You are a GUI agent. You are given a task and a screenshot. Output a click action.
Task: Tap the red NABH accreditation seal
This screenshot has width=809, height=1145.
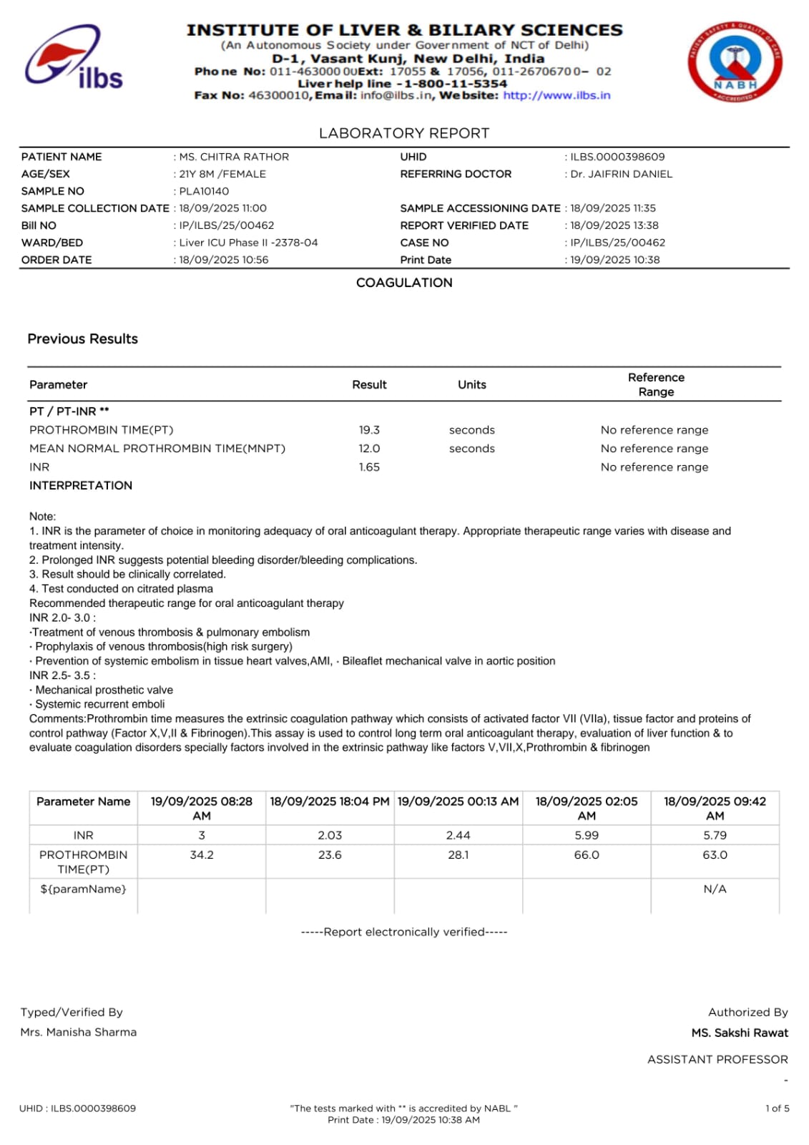(735, 62)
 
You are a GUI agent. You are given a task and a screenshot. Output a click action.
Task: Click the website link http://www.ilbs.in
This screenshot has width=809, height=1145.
(557, 95)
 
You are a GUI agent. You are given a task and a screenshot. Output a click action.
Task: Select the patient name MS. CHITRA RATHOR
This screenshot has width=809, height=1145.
(234, 157)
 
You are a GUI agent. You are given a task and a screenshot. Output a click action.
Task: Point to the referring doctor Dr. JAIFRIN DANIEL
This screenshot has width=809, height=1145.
(621, 174)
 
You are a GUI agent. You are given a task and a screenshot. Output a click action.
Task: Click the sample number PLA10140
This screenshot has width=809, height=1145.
(204, 191)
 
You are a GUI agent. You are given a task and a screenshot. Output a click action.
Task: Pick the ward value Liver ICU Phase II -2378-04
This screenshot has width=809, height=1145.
(248, 243)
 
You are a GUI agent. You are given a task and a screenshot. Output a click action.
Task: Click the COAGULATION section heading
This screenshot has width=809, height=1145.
(404, 283)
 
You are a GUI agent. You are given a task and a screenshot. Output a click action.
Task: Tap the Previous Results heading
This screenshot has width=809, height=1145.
(83, 339)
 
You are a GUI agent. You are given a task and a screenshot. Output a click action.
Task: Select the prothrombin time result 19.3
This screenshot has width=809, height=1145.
(369, 430)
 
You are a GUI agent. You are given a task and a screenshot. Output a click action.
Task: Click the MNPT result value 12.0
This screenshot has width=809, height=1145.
(369, 449)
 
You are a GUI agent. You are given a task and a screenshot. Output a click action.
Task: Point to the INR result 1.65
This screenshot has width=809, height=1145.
(369, 467)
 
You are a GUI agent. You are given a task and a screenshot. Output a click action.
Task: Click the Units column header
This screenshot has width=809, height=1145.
(471, 385)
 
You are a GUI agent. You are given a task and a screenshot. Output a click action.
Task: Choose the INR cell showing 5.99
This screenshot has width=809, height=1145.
(587, 835)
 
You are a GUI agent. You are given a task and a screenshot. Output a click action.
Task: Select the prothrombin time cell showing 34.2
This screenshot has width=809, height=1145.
(202, 855)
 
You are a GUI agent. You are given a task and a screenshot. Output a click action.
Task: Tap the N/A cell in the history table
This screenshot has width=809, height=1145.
(715, 889)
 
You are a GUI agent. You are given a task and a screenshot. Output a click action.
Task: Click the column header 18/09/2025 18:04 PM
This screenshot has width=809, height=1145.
(330, 801)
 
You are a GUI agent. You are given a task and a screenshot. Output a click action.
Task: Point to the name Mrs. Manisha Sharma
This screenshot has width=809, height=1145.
(79, 1032)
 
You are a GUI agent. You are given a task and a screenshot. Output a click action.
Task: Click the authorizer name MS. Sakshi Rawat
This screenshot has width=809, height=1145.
(740, 1033)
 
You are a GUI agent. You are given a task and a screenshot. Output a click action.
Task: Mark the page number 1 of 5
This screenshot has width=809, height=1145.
(777, 1109)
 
